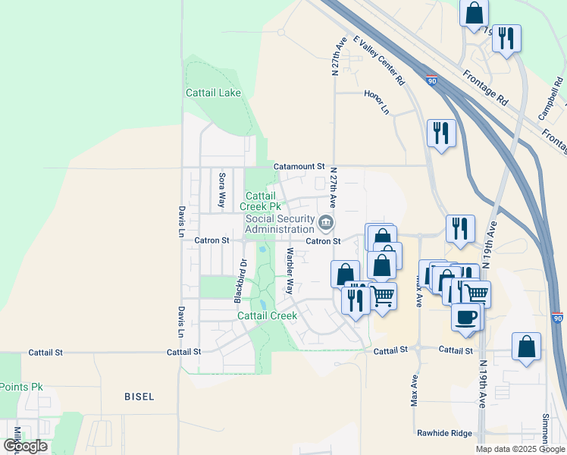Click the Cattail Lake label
click(213, 93)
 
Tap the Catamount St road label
click(299, 165)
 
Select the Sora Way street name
click(222, 190)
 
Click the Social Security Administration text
click(280, 224)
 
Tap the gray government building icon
click(326, 222)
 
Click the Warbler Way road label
click(290, 270)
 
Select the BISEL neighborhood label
click(139, 397)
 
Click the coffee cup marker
click(465, 317)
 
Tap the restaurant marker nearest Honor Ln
click(440, 133)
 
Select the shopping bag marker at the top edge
click(474, 14)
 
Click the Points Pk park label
click(21, 387)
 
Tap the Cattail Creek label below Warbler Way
click(267, 315)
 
